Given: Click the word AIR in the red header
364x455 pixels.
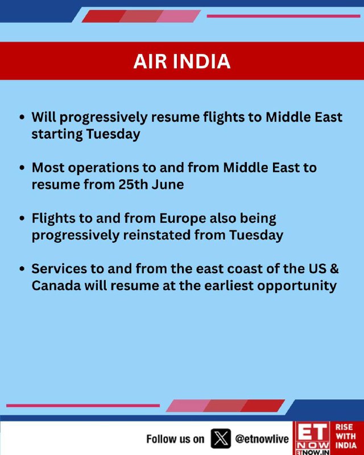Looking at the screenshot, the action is point(150,61).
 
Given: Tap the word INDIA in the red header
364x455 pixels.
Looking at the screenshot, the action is point(202,61).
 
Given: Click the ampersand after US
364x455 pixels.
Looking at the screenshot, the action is point(334,268).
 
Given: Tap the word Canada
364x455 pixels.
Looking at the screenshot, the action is point(56,286).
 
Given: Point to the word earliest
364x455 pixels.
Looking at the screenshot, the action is point(229,286).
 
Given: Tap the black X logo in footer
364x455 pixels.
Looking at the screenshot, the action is point(221,439).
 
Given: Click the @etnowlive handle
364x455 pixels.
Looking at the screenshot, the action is point(262,439).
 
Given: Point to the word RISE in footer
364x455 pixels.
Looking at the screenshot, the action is point(344,428).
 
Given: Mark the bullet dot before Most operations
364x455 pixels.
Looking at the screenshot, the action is point(22,168).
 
